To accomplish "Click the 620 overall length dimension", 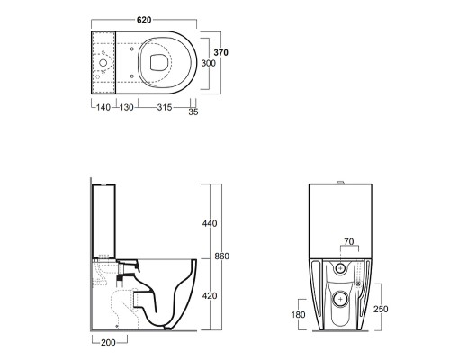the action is click(x=144, y=20).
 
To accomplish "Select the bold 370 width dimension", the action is click(x=220, y=52).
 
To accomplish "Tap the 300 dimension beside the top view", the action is click(x=208, y=63).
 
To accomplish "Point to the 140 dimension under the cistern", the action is click(x=103, y=107).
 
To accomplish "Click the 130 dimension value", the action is click(x=126, y=107).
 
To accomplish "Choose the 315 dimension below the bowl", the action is click(x=165, y=107).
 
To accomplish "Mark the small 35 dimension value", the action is click(x=193, y=112).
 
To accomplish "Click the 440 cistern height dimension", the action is click(x=210, y=223).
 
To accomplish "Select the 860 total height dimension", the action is click(x=222, y=256).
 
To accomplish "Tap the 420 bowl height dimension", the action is click(x=210, y=296).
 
